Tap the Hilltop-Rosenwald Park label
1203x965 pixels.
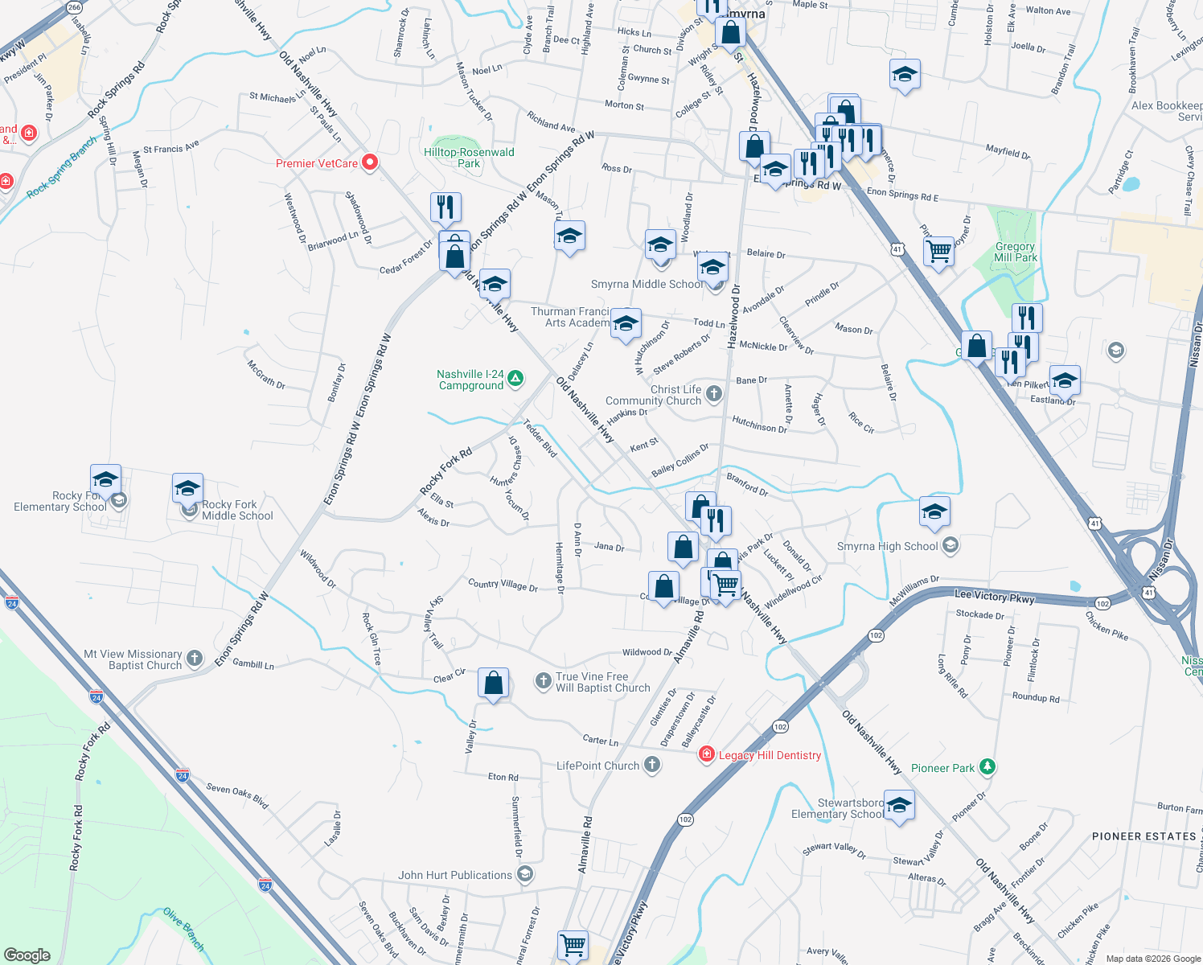pyautogui.click(x=469, y=158)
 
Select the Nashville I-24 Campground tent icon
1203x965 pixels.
pyautogui.click(x=515, y=378)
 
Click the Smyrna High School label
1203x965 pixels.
pyautogui.click(x=887, y=546)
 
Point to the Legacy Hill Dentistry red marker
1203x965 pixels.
pyautogui.click(x=707, y=754)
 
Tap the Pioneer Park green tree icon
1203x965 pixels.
pyautogui.click(x=987, y=767)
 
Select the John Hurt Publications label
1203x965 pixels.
pyautogui.click(x=455, y=875)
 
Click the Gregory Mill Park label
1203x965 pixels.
pyautogui.click(x=1015, y=252)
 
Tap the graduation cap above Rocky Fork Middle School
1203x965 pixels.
pyautogui.click(x=187, y=488)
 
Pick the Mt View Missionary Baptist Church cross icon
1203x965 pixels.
pyautogui.click(x=195, y=659)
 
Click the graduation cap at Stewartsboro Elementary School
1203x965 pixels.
pyautogui.click(x=899, y=805)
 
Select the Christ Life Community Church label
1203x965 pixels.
pyautogui.click(x=653, y=395)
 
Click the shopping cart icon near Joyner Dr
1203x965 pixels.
pyautogui.click(x=938, y=252)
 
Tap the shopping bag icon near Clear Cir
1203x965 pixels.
pyautogui.click(x=493, y=684)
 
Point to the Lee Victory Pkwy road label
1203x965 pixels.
pyautogui.click(x=994, y=596)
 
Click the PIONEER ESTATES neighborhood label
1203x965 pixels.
pyautogui.click(x=1143, y=836)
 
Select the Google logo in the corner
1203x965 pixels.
pyautogui.click(x=27, y=955)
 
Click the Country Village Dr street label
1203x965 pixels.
pyautogui.click(x=503, y=585)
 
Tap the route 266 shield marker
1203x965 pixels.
pyautogui.click(x=75, y=7)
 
